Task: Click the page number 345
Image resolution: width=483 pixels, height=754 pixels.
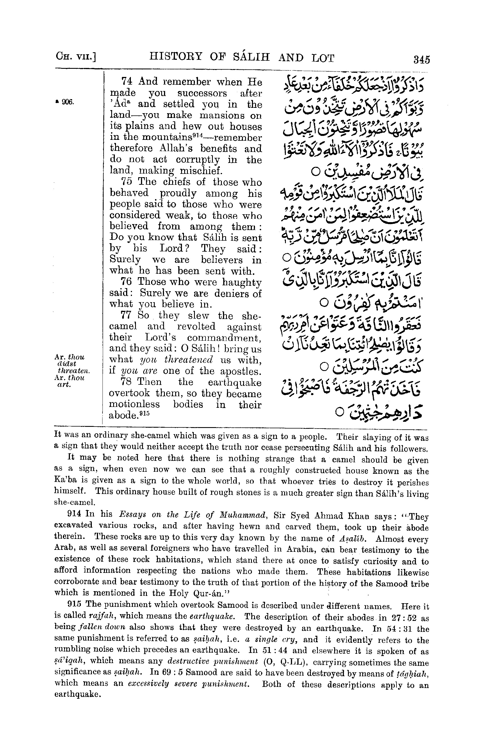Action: [x=421, y=60]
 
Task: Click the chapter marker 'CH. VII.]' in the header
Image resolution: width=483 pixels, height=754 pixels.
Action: [x=75, y=58]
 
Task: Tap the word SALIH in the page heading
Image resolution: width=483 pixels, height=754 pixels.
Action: [x=243, y=58]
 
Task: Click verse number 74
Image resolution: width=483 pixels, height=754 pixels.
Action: [x=127, y=82]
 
